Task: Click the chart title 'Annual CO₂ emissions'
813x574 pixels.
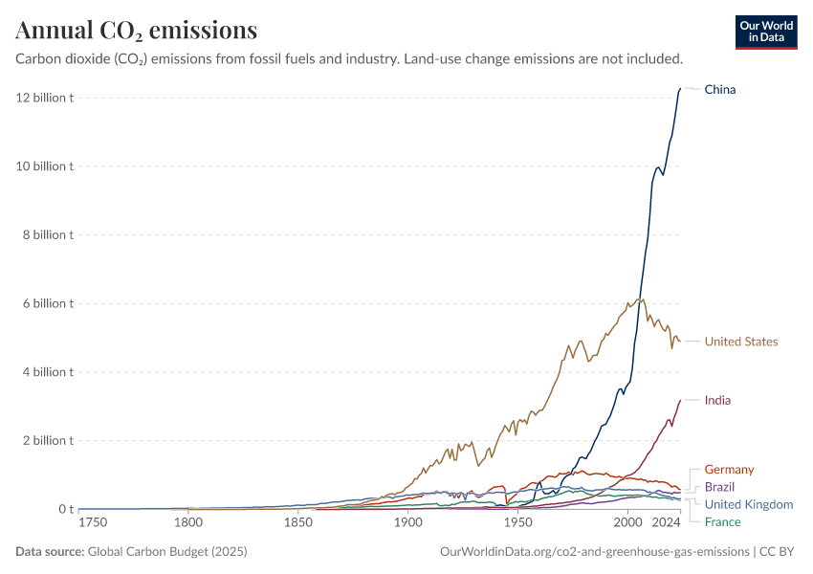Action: pyautogui.click(x=136, y=31)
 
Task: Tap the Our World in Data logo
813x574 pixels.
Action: pyautogui.click(x=765, y=32)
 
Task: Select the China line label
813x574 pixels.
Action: pyautogui.click(x=719, y=89)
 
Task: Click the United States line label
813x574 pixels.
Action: pyautogui.click(x=740, y=342)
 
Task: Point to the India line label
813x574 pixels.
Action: pyautogui.click(x=717, y=400)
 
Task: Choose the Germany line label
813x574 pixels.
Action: pyautogui.click(x=729, y=470)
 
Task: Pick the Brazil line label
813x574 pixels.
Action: pyautogui.click(x=719, y=487)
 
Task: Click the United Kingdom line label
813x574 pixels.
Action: pyautogui.click(x=748, y=504)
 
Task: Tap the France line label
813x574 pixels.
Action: pyautogui.click(x=722, y=521)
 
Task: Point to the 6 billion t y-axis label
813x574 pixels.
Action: pyautogui.click(x=46, y=303)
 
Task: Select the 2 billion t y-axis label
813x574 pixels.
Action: pyautogui.click(x=46, y=440)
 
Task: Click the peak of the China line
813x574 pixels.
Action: pyautogui.click(x=680, y=89)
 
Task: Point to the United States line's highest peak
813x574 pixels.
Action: pyautogui.click(x=640, y=298)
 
